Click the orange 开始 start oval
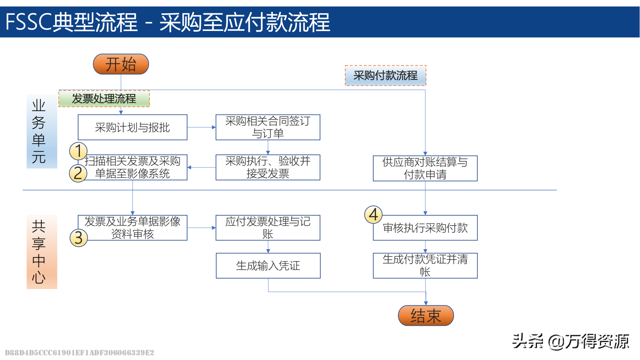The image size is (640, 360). point(121,64)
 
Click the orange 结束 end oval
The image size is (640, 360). point(426,316)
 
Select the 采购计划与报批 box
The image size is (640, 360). point(132,127)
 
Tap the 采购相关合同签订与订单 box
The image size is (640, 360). point(268,127)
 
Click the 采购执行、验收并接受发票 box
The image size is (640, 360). point(268,167)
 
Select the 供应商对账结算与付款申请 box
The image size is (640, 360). point(425,168)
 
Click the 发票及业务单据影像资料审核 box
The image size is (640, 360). point(132,228)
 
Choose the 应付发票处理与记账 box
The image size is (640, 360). point(268,228)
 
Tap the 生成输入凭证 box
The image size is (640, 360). point(268,266)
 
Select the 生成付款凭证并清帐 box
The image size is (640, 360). point(425,266)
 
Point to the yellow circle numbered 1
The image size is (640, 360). point(78,151)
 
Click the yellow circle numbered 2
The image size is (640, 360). point(78,173)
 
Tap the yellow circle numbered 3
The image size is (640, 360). point(78,238)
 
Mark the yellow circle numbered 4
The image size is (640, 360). point(373,215)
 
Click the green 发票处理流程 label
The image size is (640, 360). point(104,99)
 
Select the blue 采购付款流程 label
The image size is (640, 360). point(386,76)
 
